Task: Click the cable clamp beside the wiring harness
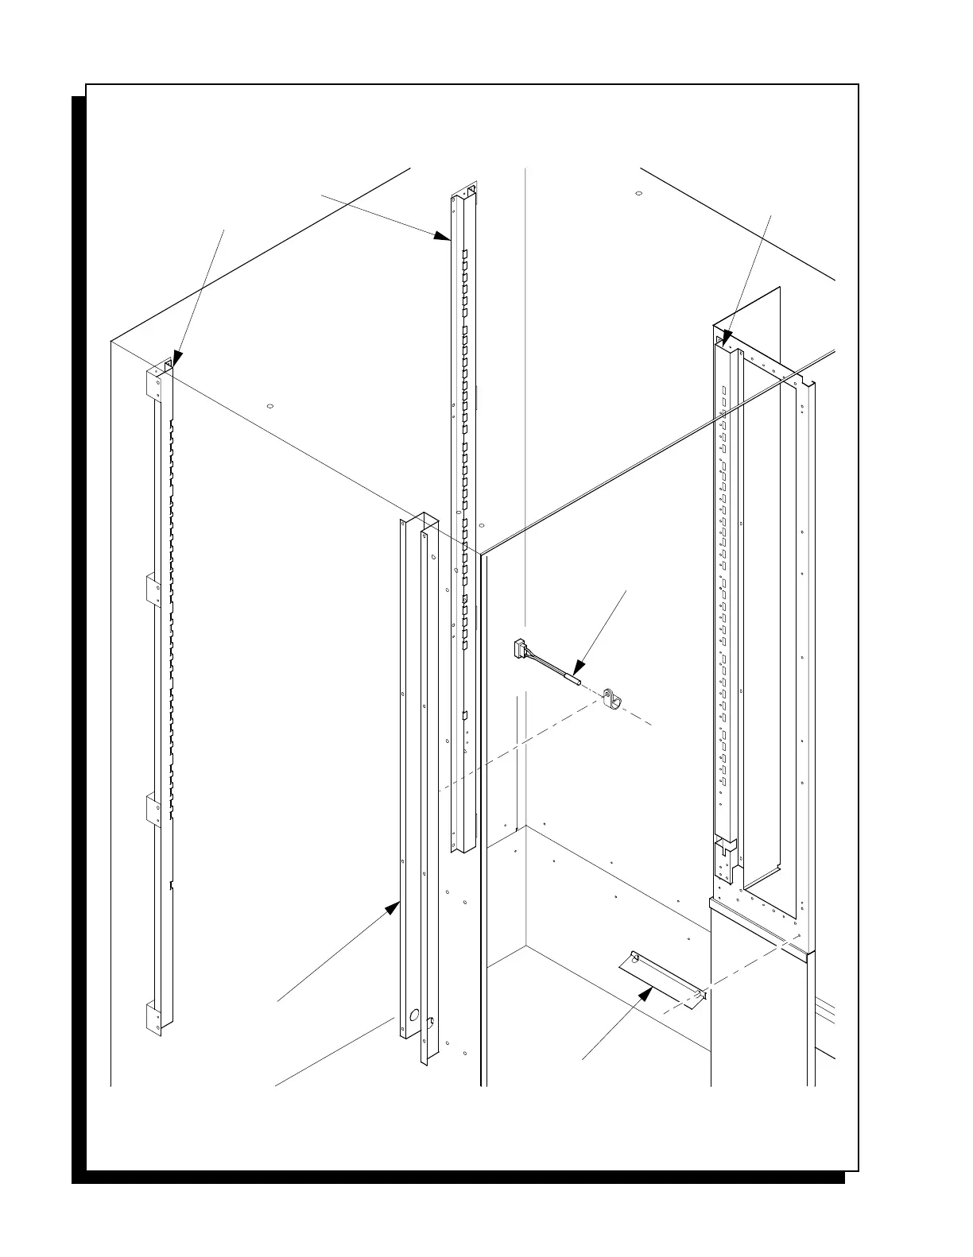click(x=612, y=698)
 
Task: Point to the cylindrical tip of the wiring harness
click(x=572, y=680)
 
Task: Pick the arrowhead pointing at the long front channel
click(x=393, y=907)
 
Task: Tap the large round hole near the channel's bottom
click(x=413, y=1015)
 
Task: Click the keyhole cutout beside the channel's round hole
click(x=430, y=1023)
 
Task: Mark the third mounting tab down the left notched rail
click(x=153, y=808)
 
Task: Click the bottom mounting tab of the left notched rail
click(x=153, y=1017)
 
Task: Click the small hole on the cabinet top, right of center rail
click(x=638, y=193)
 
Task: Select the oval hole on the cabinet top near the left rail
click(x=269, y=406)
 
